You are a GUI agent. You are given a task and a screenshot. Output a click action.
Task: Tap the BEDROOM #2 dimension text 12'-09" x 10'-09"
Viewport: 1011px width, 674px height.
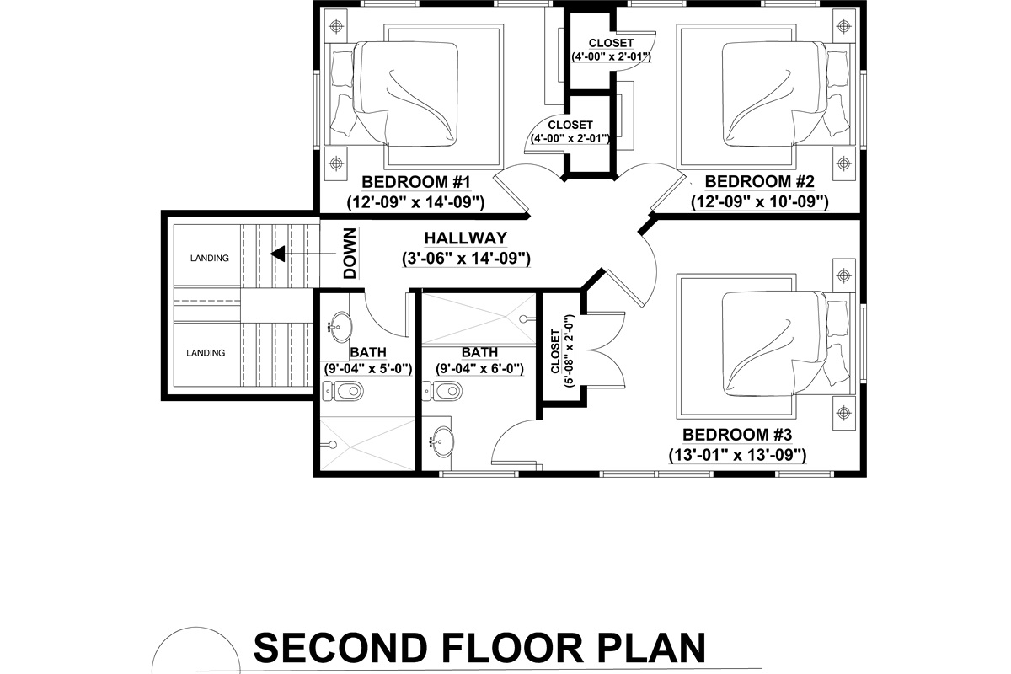click(760, 202)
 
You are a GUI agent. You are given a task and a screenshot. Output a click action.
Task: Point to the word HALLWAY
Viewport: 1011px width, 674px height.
click(465, 238)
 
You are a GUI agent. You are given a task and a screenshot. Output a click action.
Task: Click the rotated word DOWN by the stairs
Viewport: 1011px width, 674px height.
click(350, 254)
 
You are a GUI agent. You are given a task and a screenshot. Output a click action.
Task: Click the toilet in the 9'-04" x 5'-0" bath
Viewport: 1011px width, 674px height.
click(345, 390)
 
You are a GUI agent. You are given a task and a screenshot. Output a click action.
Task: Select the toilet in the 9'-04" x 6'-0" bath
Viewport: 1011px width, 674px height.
click(446, 390)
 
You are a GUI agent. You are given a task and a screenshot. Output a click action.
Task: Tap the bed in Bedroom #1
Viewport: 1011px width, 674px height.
click(409, 94)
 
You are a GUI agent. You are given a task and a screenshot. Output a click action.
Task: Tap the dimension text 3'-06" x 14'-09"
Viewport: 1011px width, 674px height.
click(465, 259)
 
